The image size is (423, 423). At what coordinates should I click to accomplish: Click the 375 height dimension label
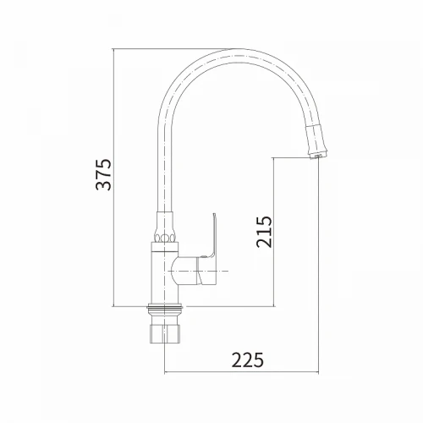tap(104, 175)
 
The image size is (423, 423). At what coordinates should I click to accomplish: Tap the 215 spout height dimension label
tap(265, 232)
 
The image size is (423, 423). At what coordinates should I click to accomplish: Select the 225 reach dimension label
tap(248, 360)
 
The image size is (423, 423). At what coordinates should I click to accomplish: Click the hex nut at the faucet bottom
tap(165, 334)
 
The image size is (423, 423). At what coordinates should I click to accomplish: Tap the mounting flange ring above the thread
tap(165, 308)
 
